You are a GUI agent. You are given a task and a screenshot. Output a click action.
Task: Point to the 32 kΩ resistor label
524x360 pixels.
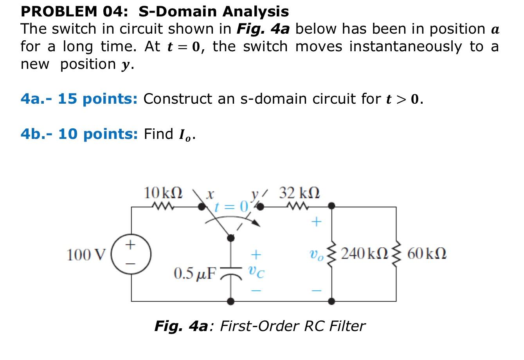[x=299, y=193]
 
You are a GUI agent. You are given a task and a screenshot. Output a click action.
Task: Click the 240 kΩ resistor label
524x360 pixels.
[x=364, y=254]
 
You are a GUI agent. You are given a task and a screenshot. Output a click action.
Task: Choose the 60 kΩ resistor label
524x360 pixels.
[x=427, y=254]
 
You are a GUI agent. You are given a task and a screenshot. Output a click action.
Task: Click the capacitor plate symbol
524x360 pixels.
[x=231, y=271]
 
